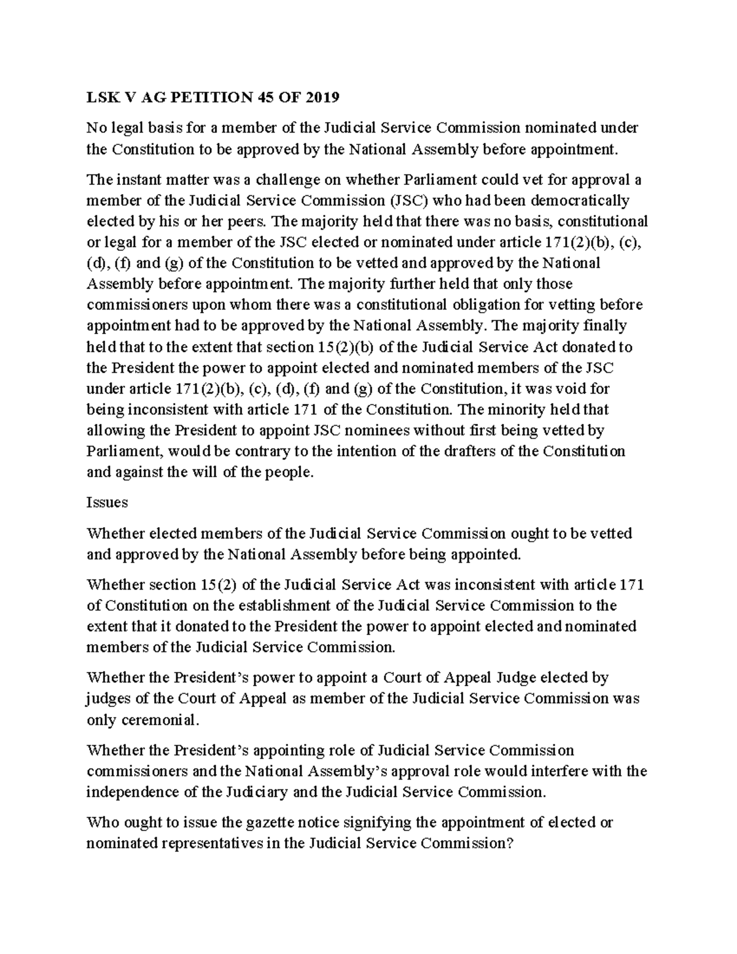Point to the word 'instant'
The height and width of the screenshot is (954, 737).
135,180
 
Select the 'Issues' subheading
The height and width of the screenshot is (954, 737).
107,502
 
